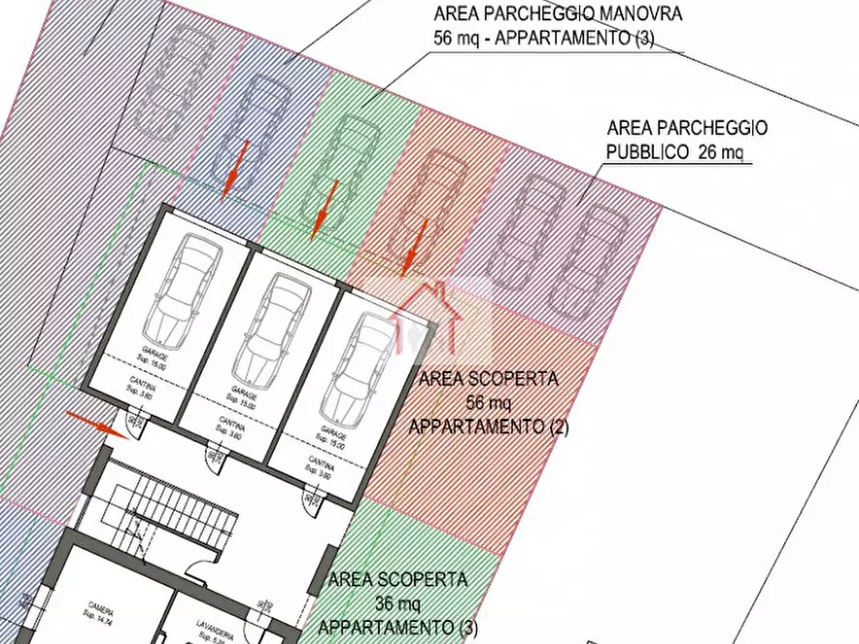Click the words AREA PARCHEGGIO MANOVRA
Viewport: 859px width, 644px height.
coord(559,14)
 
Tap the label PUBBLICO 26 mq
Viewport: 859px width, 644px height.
coord(675,152)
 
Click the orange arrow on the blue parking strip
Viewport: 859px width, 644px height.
coord(235,168)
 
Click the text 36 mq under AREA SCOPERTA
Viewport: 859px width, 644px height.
coord(397,604)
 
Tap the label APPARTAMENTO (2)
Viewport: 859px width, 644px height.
coord(489,427)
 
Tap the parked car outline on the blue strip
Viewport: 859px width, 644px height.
coord(261,125)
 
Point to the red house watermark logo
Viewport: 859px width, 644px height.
coord(425,312)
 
